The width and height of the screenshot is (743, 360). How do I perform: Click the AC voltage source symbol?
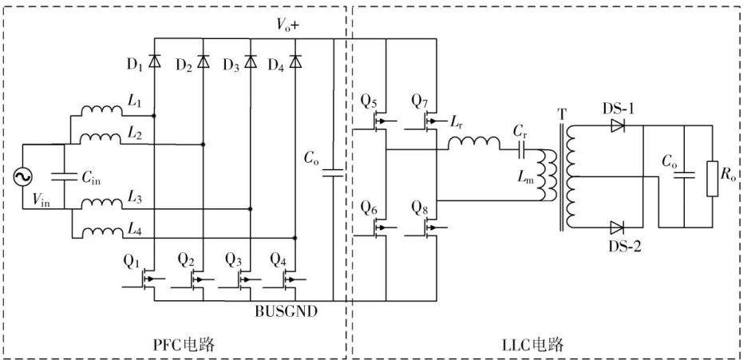point(22,177)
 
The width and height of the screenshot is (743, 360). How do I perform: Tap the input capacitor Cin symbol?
point(64,176)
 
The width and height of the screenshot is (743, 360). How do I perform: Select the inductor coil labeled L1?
point(101,110)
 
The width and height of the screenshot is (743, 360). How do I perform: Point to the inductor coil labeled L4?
point(101,232)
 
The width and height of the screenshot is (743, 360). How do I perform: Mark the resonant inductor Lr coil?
point(473,143)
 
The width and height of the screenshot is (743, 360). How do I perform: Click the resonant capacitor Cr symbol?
point(522,150)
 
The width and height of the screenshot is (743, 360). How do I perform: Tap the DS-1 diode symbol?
point(617,125)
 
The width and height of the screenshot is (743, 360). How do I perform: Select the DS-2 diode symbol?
point(617,227)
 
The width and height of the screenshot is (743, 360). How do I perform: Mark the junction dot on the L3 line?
point(250,208)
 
